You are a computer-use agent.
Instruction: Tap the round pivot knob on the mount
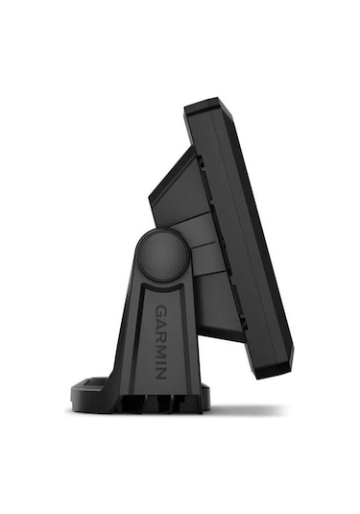[161, 257]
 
